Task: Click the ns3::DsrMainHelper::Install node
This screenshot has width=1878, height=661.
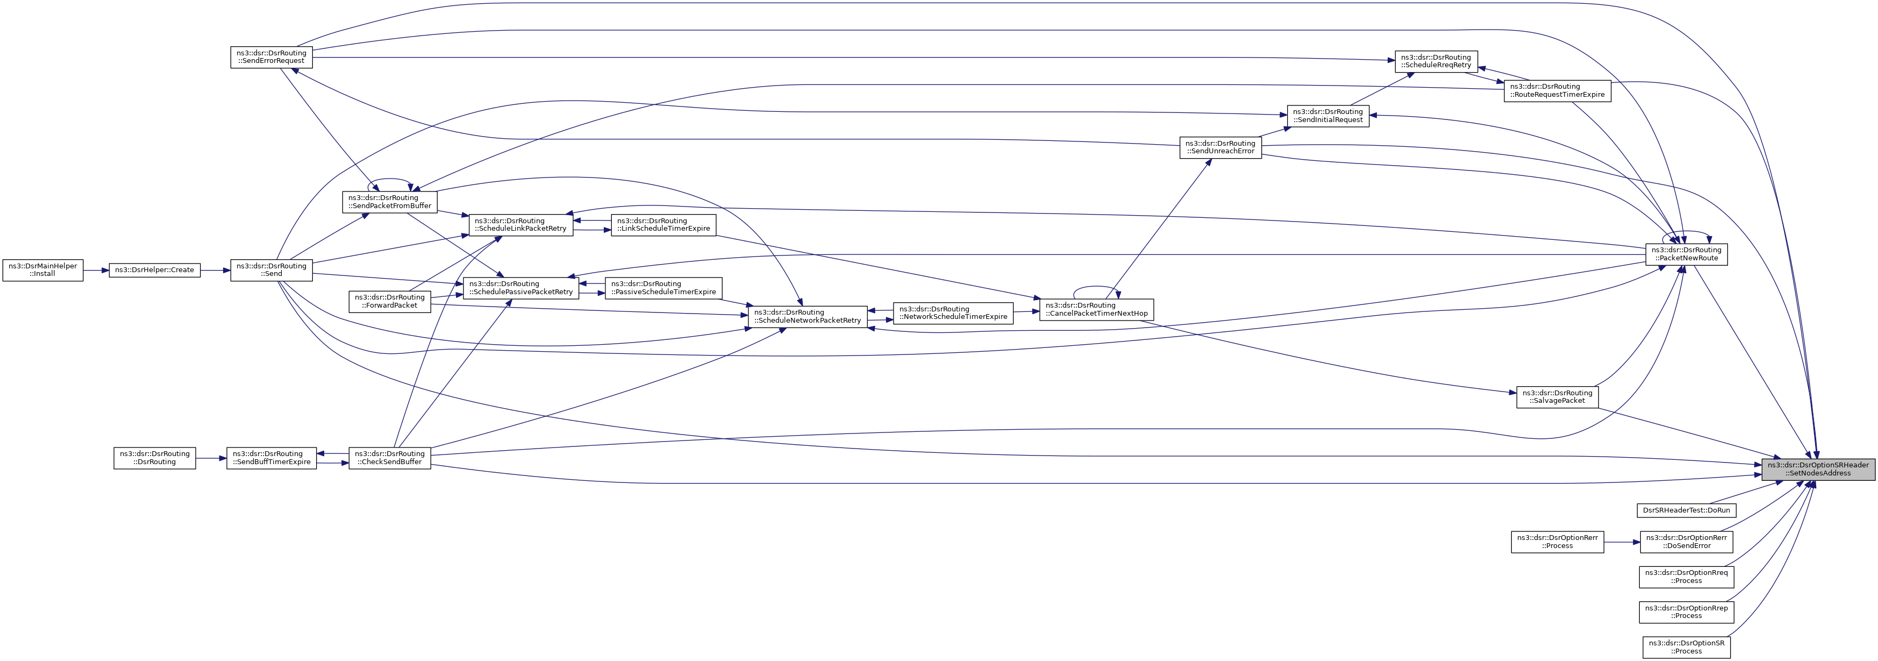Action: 43,270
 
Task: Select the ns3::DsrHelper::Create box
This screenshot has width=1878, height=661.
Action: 154,270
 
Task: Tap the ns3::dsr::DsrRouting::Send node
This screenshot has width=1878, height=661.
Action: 271,270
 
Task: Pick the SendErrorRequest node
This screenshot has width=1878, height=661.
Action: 271,57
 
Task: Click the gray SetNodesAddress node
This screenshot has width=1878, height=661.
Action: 1817,469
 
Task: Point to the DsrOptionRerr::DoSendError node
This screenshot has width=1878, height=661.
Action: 1686,542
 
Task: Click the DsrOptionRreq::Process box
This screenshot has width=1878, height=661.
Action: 1686,577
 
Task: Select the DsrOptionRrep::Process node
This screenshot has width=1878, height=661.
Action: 1686,612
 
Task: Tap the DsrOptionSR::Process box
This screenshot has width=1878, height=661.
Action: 1686,647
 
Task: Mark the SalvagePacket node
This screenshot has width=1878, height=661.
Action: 1557,397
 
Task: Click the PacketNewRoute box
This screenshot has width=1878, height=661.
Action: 1686,254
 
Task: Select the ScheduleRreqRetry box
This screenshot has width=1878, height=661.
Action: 1436,61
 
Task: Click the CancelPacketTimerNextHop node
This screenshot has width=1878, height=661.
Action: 1096,309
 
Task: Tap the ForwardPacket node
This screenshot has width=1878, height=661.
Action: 390,301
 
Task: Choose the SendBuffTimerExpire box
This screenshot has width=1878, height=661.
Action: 271,458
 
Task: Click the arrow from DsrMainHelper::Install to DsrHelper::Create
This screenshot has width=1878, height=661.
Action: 96,270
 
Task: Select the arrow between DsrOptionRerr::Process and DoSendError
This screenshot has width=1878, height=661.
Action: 1622,542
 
